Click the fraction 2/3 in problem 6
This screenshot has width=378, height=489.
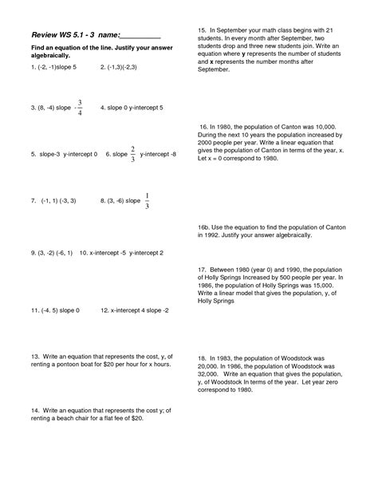pyautogui.click(x=132, y=153)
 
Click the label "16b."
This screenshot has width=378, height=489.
pyautogui.click(x=205, y=227)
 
